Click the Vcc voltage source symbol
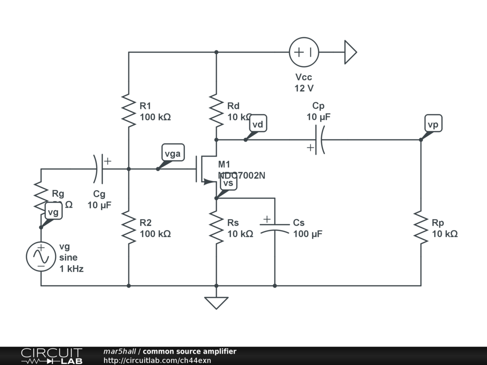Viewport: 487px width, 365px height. point(304,52)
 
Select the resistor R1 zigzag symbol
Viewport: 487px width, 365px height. point(129,111)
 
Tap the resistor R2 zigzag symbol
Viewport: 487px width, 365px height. point(129,227)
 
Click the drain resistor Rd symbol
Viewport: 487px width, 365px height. point(216,111)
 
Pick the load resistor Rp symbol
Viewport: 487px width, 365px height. point(421,227)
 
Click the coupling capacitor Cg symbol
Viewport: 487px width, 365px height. point(98,169)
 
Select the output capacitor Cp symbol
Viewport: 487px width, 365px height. point(320,140)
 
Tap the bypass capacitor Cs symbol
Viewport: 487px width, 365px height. point(274,227)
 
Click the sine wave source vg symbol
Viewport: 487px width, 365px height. point(41,257)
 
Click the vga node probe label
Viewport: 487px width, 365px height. point(173,154)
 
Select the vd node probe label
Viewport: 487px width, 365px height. point(258,125)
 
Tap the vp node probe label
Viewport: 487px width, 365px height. point(433,125)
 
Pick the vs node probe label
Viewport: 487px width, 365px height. point(228,183)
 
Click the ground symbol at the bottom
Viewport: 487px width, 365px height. point(216,302)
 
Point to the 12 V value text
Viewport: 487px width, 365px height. point(304,88)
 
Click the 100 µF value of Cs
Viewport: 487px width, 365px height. point(308,234)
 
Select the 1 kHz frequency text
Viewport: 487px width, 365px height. point(72,269)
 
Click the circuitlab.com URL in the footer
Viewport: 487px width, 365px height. point(157,360)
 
